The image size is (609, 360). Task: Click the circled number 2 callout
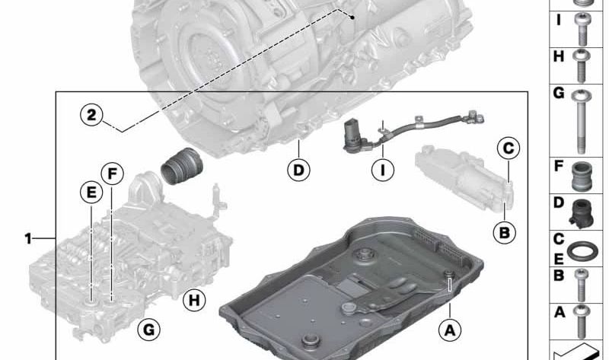coord(91,115)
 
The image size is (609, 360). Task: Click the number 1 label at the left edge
coord(28,238)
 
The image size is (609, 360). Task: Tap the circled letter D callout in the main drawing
coord(298,170)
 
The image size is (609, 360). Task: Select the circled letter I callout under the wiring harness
coord(383,170)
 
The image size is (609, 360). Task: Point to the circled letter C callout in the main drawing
coord(509,148)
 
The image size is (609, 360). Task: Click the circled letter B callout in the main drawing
coord(504,233)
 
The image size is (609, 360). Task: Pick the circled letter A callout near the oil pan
coord(450,330)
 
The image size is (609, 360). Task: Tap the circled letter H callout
coord(194,300)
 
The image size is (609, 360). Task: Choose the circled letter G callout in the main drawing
coord(149,330)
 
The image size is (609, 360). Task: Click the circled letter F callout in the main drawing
coord(112,174)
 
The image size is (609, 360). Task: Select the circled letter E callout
coord(91,193)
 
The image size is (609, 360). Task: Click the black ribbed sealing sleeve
coord(182,166)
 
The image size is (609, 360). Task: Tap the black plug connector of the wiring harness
coord(352,136)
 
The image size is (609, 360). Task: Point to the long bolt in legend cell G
coord(581,121)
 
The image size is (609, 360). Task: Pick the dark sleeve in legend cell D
coord(582,213)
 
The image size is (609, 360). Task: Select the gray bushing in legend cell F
coord(582,177)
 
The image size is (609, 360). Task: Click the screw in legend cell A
coord(582,321)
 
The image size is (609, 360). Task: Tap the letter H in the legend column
coord(559,56)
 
